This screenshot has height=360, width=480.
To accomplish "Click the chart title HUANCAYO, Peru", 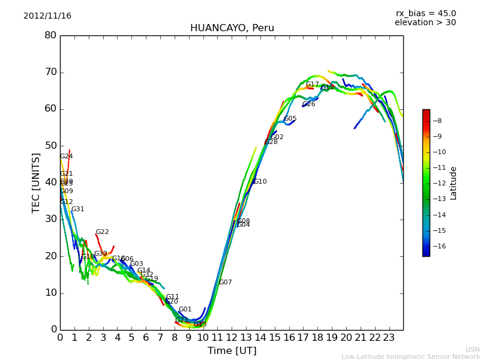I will coord(232,28).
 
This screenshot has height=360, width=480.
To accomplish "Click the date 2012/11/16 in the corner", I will coord(47,16).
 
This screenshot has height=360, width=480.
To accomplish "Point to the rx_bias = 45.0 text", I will coord(425,13).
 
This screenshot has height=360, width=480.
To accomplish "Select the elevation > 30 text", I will coord(425,23).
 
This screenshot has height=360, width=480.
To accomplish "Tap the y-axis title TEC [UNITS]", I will coord(37,182).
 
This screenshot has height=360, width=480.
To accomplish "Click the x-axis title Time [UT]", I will coord(232,351).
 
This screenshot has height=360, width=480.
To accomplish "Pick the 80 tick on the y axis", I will coord(50,35).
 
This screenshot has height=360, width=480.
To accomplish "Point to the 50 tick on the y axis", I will coord(50,146).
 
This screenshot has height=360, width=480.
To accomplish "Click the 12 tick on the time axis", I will coord(232,338).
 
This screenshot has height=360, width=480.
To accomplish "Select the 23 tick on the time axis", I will coord(389,338).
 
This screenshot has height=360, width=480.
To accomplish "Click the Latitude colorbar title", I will coord(454,183).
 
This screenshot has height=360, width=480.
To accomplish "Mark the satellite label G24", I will coord(66,157).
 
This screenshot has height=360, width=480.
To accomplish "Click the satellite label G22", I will coord(102,232).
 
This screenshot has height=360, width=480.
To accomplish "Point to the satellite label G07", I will coord(225,283).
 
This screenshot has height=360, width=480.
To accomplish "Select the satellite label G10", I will coord(260,182).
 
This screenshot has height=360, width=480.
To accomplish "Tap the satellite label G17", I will coord(313,85).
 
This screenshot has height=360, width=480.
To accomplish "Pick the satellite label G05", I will coord(290,119).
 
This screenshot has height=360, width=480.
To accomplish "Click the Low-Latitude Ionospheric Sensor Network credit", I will coord(410,357).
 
